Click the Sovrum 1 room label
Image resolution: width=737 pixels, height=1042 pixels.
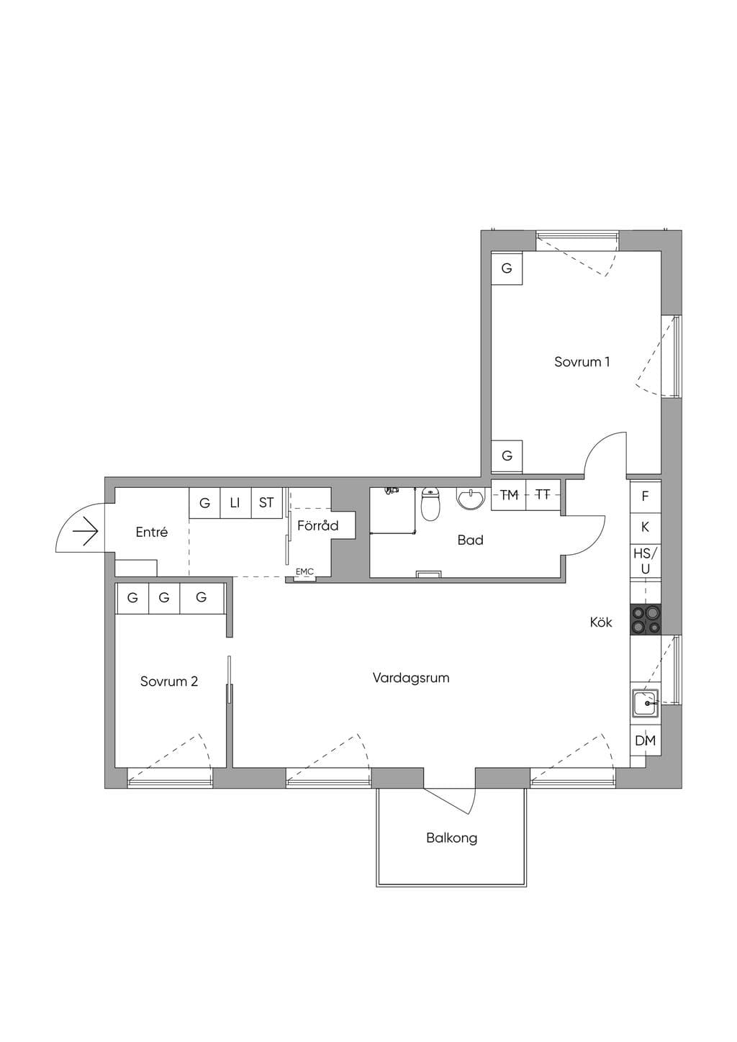582,361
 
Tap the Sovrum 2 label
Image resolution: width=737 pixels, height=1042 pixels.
169,681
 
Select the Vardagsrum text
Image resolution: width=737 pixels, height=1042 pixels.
411,678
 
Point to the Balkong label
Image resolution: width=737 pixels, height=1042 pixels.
452,838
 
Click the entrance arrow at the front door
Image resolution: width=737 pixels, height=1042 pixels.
85,531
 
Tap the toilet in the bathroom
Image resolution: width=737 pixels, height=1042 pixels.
430,504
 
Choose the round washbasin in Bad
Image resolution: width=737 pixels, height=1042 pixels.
471,498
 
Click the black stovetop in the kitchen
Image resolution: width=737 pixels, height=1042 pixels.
646,619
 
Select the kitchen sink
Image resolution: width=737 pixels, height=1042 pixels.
645,703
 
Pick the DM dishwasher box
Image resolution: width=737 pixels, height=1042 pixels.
646,740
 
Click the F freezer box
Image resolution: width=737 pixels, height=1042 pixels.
646,497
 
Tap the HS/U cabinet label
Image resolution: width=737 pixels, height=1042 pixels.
646,561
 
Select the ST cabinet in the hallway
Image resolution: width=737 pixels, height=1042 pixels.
266,503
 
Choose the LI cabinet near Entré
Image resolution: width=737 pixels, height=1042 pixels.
235,503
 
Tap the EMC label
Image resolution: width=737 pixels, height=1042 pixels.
304,571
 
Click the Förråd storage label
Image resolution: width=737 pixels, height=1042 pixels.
318,525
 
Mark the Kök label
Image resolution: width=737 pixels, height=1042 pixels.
601,622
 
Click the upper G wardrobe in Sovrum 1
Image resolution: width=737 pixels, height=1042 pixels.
507,268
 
